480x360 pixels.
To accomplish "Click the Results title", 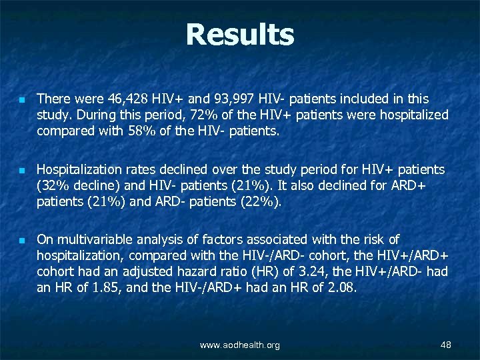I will (x=240, y=35).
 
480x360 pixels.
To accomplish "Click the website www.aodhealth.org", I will (x=240, y=345).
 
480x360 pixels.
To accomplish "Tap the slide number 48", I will (x=446, y=345).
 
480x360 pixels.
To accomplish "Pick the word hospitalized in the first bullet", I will (x=412, y=115).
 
